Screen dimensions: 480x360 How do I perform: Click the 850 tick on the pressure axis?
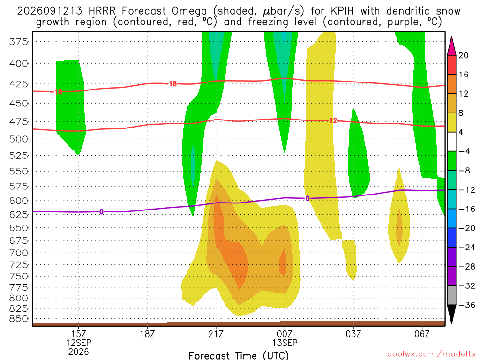pyautogui.click(x=19, y=319)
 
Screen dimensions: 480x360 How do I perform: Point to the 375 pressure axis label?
pyautogui.click(x=19, y=42)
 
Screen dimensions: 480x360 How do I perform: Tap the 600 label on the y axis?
pyautogui.click(x=19, y=201)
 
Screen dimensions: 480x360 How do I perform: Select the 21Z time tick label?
pyautogui.click(x=216, y=334)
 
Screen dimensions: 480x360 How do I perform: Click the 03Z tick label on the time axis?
pyautogui.click(x=353, y=334)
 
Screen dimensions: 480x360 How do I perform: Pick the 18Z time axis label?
pyautogui.click(x=148, y=334)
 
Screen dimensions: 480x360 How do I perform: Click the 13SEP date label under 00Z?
pyautogui.click(x=285, y=343)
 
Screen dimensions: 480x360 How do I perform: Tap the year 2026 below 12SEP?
pyautogui.click(x=79, y=352)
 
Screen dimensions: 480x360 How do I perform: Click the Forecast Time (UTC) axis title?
pyautogui.click(x=239, y=355)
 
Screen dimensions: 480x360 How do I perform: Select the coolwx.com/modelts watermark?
pyautogui.click(x=431, y=354)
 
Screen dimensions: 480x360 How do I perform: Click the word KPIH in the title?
pyautogui.click(x=342, y=11)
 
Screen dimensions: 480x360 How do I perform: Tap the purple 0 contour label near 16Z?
pyautogui.click(x=101, y=211)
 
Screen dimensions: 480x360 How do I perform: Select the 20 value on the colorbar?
pyautogui.click(x=464, y=55)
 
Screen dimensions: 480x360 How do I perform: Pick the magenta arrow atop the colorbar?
pyautogui.click(x=451, y=46)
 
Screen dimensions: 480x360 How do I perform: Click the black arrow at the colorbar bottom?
pyautogui.click(x=451, y=314)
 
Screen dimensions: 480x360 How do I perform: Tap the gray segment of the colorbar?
pyautogui.click(x=451, y=295)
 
